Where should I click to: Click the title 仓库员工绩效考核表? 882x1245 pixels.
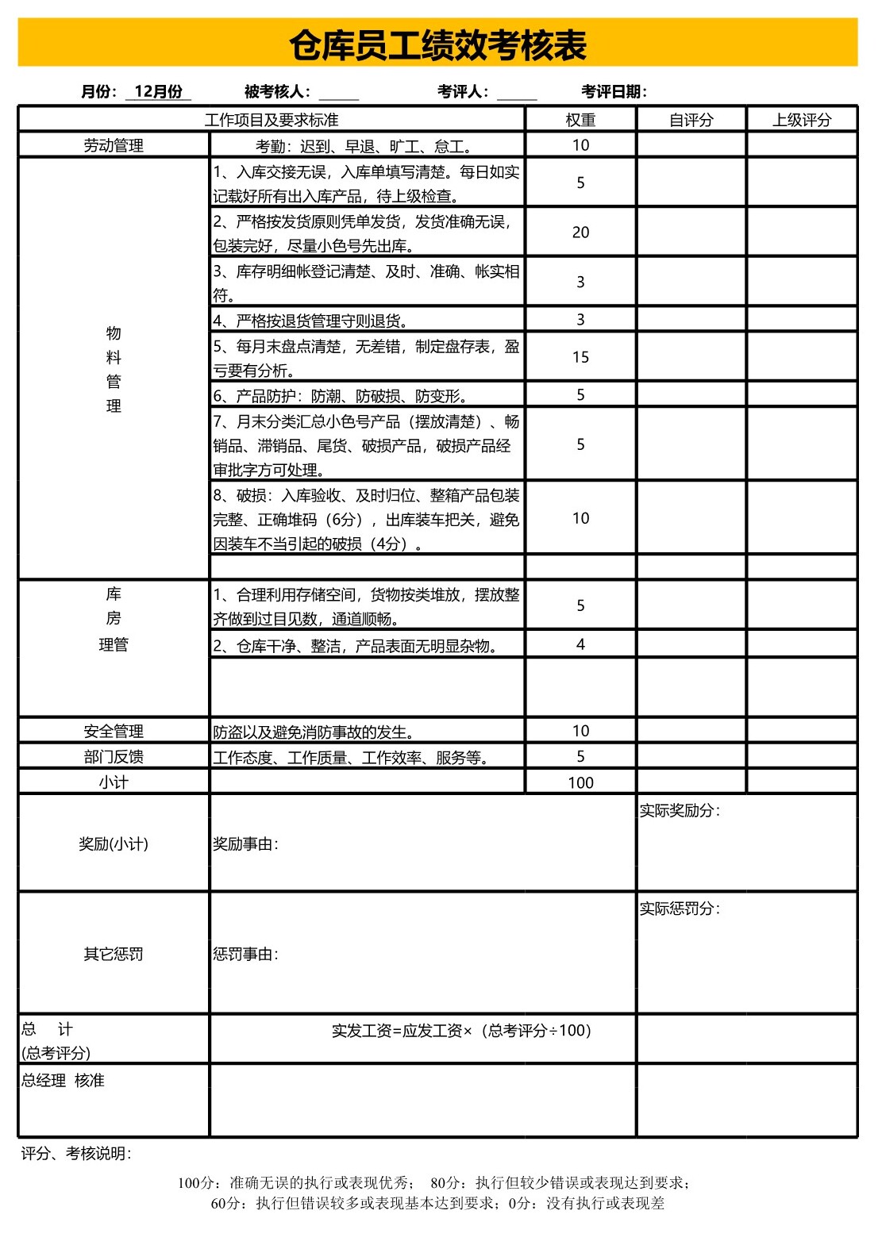[437, 45]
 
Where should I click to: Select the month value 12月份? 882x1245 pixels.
[158, 92]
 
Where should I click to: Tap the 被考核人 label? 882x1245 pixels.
[277, 92]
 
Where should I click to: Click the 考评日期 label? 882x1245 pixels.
[614, 92]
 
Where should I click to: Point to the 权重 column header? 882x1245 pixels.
[580, 120]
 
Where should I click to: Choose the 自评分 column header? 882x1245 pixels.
[691, 120]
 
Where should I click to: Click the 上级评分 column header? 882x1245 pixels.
[802, 120]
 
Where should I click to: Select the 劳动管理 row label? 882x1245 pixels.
[114, 145]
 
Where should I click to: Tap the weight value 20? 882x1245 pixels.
[580, 232]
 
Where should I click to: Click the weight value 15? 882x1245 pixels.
[580, 357]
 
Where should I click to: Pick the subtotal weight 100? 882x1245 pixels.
[580, 782]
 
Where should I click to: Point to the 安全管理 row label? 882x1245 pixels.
[114, 732]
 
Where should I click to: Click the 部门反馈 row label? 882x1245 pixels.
[114, 757]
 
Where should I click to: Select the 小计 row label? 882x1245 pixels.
[114, 782]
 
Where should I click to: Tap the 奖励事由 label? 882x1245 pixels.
[245, 844]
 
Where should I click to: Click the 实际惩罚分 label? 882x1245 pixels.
[680, 909]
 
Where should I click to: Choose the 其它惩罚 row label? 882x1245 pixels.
[114, 954]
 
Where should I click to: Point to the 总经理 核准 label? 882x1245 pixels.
[63, 1081]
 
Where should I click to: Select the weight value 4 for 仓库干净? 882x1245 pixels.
[580, 644]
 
